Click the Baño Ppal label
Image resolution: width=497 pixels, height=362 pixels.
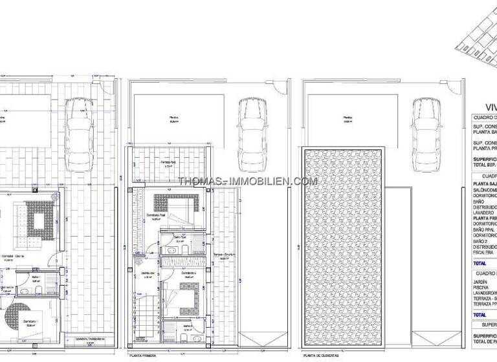point(180,238)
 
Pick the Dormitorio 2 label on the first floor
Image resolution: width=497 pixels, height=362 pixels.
point(188,274)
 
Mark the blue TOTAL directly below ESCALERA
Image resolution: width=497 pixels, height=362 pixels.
point(480,264)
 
